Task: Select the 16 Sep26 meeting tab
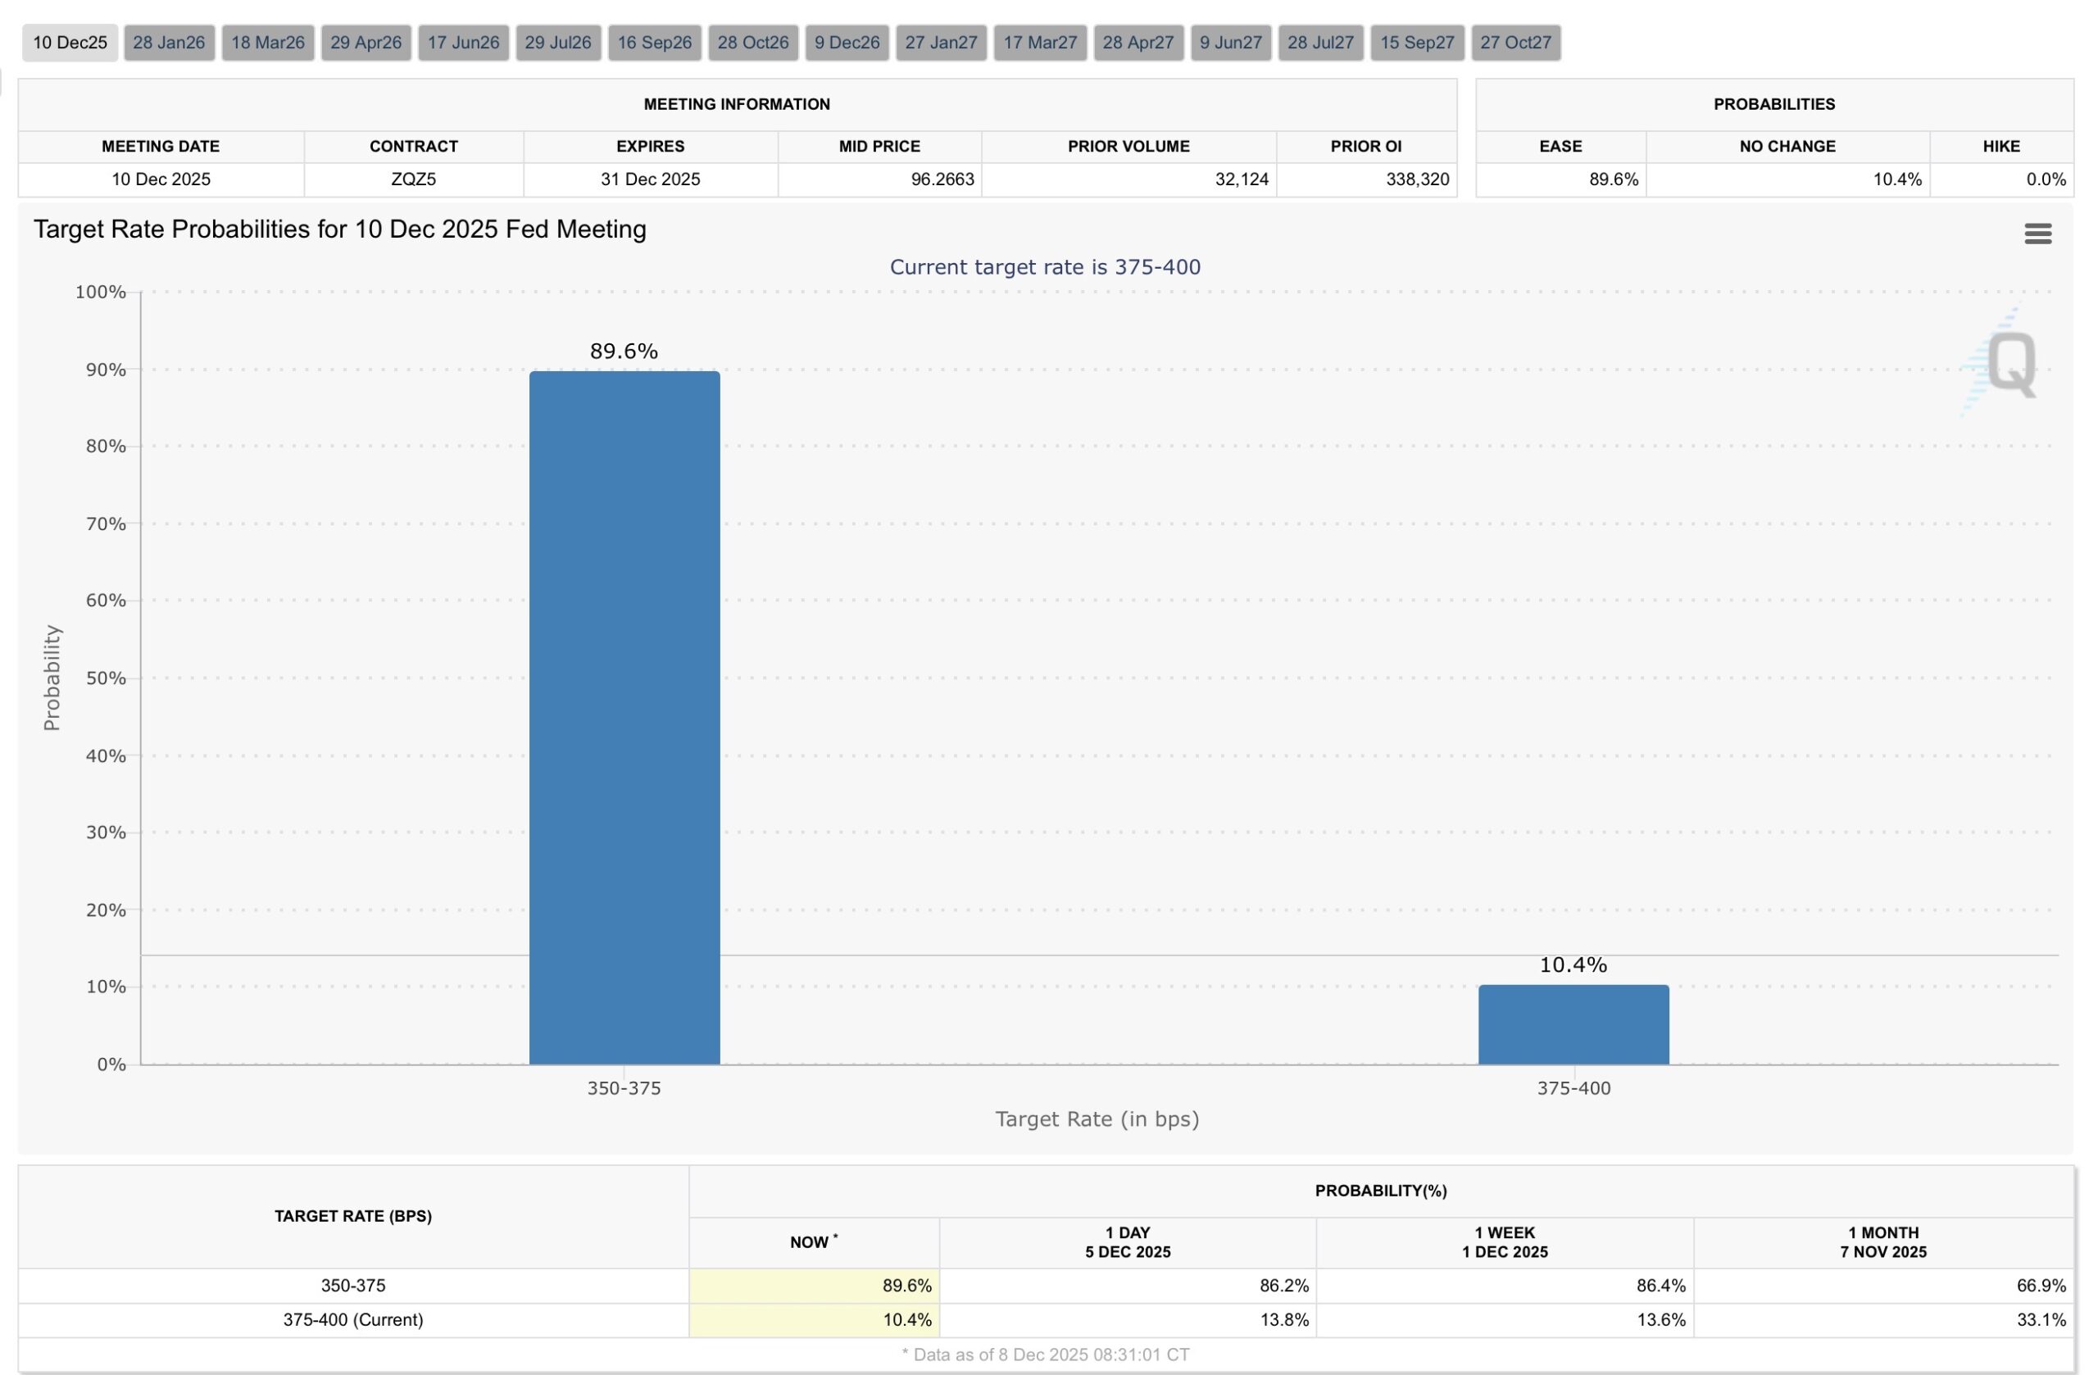[x=654, y=43]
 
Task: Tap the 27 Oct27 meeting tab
[x=1515, y=43]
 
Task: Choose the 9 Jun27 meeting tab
[x=1231, y=43]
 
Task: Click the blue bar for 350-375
[x=624, y=718]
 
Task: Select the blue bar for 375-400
[x=1573, y=1024]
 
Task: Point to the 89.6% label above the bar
[x=624, y=351]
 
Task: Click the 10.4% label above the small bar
[x=1573, y=964]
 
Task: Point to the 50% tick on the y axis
[x=106, y=678]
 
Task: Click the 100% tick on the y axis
[x=101, y=292]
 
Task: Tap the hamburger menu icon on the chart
[x=2037, y=234]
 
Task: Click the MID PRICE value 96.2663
[x=942, y=179]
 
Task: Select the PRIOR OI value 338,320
[x=1417, y=179]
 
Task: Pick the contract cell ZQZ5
[x=413, y=179]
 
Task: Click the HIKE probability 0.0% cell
[x=2045, y=179]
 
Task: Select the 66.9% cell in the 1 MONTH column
[x=2041, y=1285]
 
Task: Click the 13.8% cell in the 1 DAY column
[x=1283, y=1319]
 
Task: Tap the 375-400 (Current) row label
[x=352, y=1319]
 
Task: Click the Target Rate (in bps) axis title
[x=1097, y=1119]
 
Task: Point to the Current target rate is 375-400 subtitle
[x=1045, y=267]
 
